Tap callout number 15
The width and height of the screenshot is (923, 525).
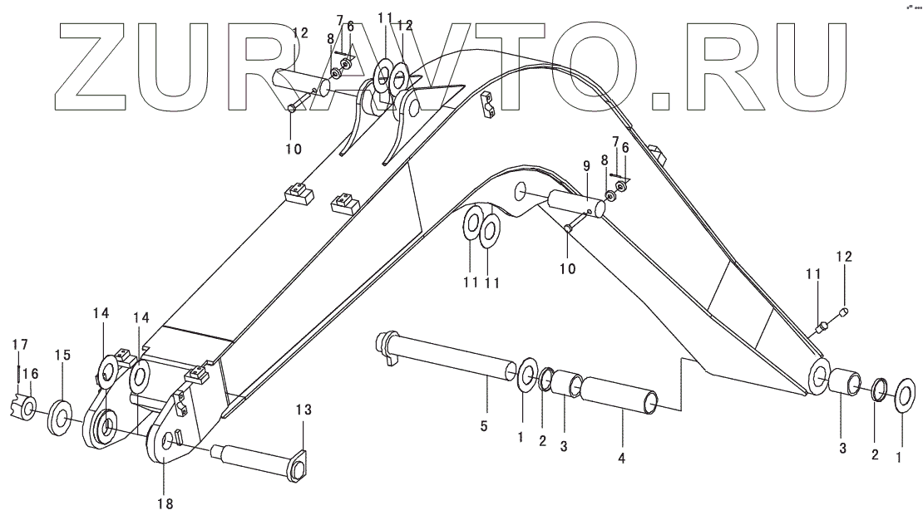(62, 355)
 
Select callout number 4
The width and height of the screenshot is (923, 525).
(623, 457)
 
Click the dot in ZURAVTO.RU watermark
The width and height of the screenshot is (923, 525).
(661, 101)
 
